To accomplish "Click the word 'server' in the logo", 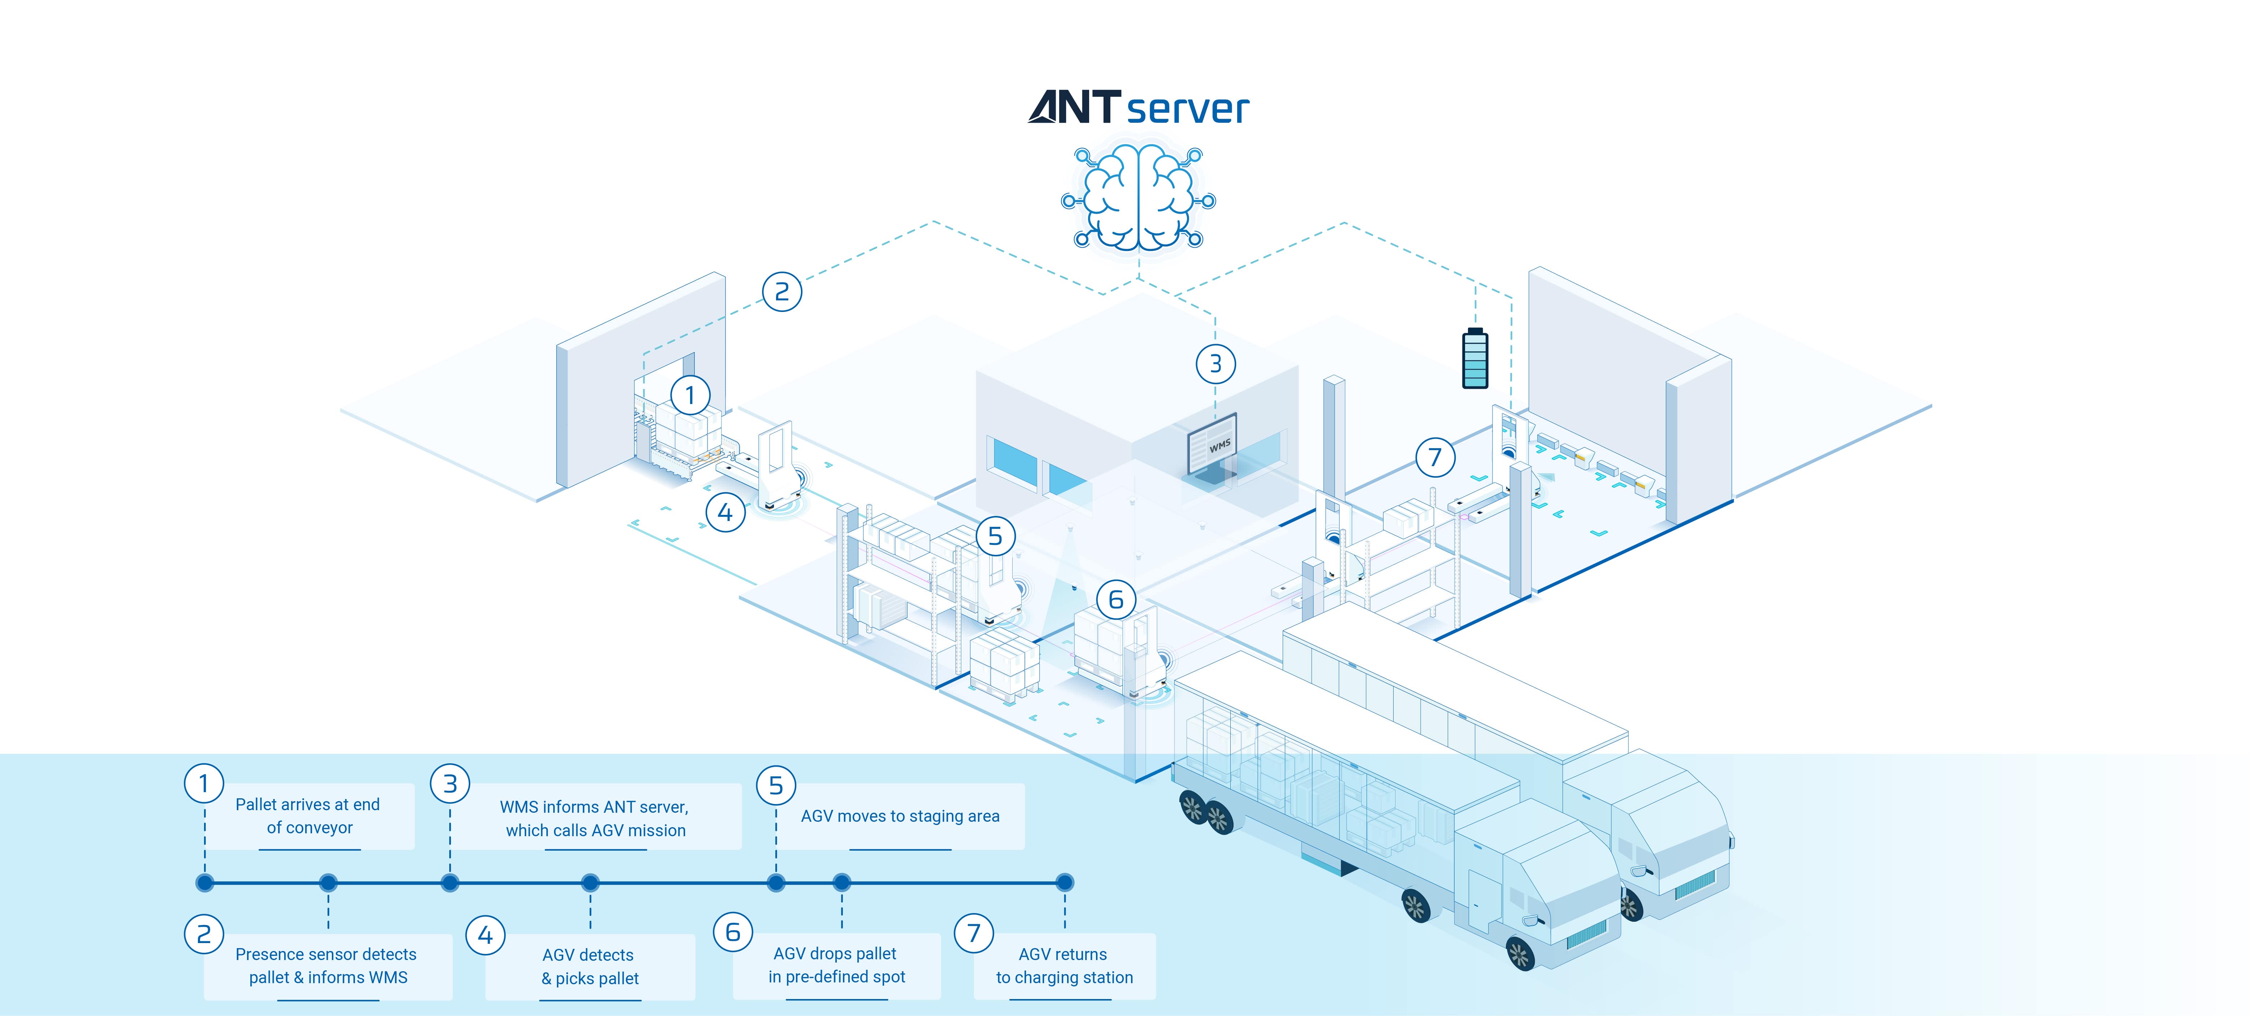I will (1187, 109).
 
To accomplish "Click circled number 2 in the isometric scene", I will (781, 292).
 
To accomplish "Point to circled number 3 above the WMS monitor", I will (1215, 364).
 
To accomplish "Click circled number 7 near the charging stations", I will (1435, 457).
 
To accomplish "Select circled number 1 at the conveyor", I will (689, 396).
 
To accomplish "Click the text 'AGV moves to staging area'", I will (900, 816).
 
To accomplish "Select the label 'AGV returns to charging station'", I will (1063, 966).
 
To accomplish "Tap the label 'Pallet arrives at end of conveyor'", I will (308, 816).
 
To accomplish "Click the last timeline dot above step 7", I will (1065, 883).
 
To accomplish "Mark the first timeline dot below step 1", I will (205, 883).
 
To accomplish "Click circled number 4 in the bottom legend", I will (485, 935).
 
